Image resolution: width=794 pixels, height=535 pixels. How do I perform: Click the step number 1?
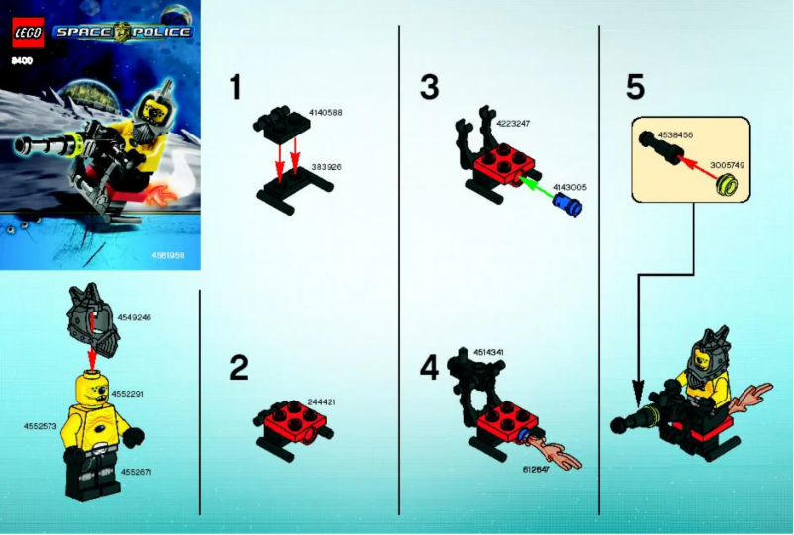236,88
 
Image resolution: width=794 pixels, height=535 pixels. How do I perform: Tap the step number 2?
238,369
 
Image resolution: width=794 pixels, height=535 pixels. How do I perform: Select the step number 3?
429,88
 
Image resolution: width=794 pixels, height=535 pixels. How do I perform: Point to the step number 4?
429,369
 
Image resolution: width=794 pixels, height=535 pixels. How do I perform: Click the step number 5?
635,88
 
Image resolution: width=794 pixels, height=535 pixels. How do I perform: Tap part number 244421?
323,401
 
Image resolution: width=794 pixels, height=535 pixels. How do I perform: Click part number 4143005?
570,186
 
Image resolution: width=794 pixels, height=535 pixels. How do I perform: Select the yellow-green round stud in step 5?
731,184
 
